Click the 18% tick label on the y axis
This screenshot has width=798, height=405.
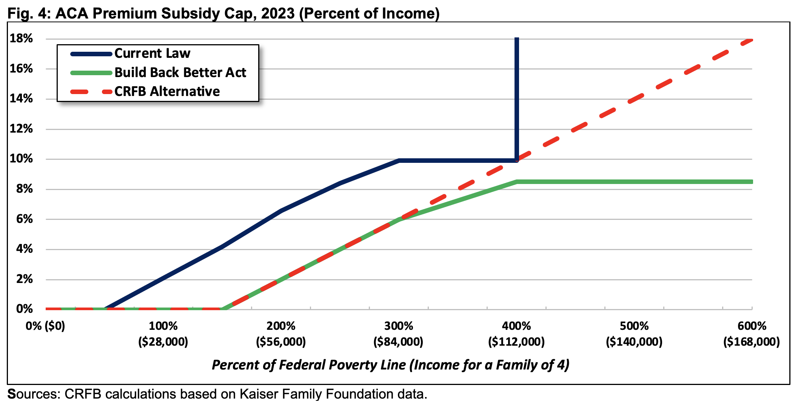tap(22, 39)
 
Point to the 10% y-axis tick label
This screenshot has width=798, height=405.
tap(22, 159)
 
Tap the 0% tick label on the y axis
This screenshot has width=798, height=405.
tap(25, 309)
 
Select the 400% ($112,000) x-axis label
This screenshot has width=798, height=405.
tap(516, 334)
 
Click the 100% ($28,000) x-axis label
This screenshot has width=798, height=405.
tap(163, 334)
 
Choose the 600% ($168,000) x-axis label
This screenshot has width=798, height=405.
tap(752, 334)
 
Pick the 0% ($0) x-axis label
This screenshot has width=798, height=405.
tap(45, 326)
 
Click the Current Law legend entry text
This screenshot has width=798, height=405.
tap(152, 53)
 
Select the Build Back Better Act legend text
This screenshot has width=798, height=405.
tap(180, 72)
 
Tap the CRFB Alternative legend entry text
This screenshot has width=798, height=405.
tap(167, 91)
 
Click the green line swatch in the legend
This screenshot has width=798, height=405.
tap(91, 73)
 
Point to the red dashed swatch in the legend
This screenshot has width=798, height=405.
tap(91, 92)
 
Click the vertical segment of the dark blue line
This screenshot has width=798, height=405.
tap(516, 99)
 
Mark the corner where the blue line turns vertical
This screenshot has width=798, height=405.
tap(516, 160)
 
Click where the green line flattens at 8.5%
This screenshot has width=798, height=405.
tap(516, 182)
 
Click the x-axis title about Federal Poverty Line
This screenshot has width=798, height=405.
tap(390, 365)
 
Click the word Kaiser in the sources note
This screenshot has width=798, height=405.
tap(260, 394)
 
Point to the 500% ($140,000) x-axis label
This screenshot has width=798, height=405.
tap(634, 334)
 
